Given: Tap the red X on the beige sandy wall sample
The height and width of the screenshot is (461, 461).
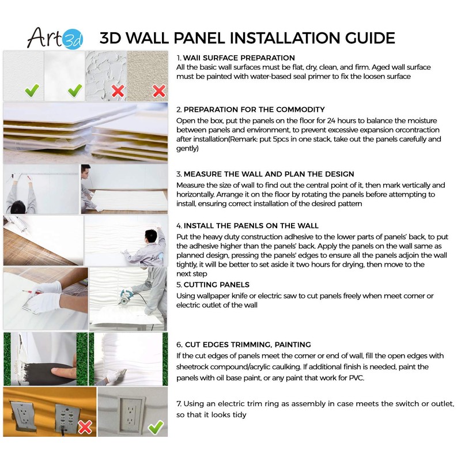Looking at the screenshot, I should (x=158, y=90).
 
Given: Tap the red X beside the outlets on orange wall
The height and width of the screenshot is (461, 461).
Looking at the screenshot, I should (x=85, y=427).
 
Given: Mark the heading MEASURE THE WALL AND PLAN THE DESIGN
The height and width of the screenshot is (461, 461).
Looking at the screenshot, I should (x=269, y=174).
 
